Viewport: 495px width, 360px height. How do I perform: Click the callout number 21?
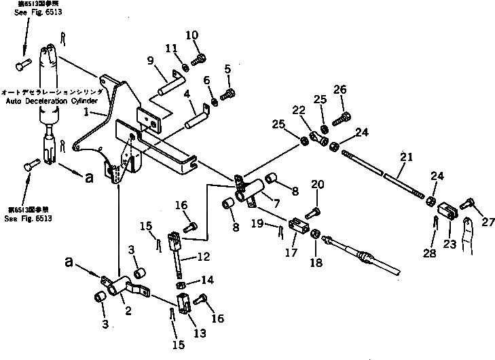pos(406,157)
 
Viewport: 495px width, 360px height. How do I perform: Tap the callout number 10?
pos(192,35)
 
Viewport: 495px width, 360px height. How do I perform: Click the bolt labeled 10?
pos(198,60)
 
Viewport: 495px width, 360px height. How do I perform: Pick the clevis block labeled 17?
pos(297,225)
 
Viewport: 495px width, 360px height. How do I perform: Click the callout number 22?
pos(299,111)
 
